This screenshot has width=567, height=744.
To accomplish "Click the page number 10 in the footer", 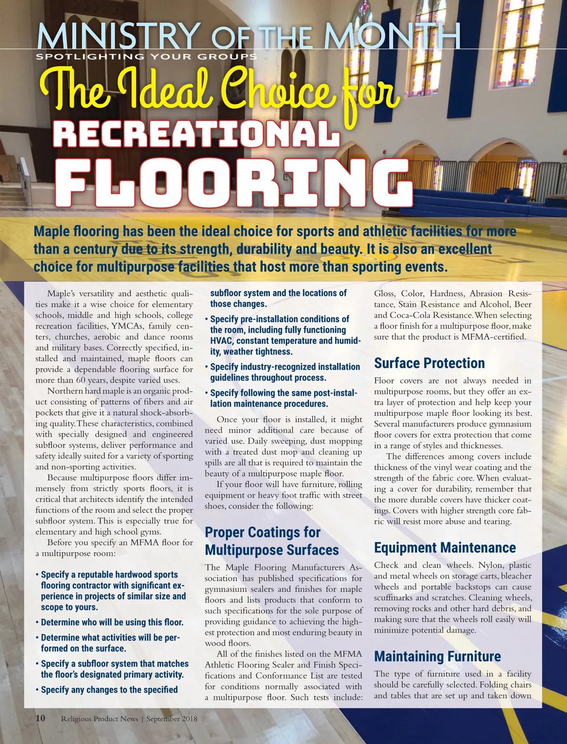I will [x=41, y=718].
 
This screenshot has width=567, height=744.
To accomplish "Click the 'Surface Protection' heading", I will [x=429, y=363].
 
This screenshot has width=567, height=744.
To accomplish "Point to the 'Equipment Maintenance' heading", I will [x=445, y=547].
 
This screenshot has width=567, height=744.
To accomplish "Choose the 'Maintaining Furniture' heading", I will [x=437, y=656].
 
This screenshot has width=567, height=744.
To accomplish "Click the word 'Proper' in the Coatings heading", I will [x=224, y=532].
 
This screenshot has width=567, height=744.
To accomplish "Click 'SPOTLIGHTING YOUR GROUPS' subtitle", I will [x=146, y=57].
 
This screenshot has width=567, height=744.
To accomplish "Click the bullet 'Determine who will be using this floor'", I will [x=112, y=622].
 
